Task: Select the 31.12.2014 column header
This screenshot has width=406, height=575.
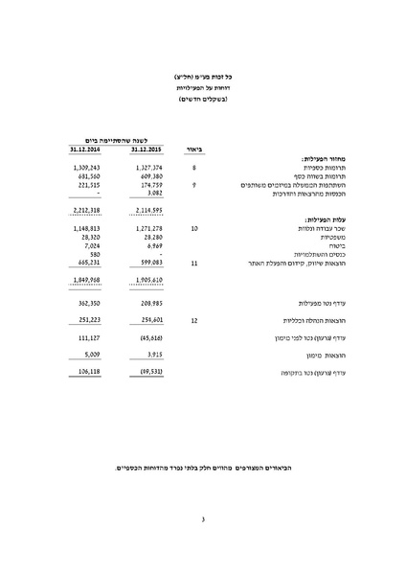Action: tap(87, 149)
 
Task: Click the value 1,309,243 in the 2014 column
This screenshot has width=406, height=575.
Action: tap(87, 168)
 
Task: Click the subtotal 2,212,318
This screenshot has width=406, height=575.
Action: tap(87, 209)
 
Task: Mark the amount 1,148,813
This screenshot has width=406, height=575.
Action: tap(87, 230)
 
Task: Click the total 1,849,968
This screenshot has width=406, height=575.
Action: tap(87, 280)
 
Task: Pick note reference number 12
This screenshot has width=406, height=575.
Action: tap(193, 320)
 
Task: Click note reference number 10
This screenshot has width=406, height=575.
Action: tap(193, 230)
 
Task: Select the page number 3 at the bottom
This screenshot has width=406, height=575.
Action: tap(203, 520)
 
